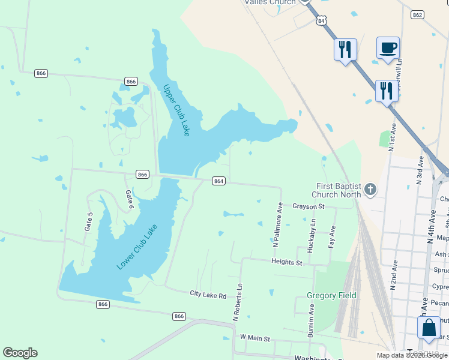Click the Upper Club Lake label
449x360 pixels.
pyautogui.click(x=176, y=110)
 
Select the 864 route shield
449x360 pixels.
pyautogui.click(x=218, y=181)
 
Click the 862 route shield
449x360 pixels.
pyautogui.click(x=418, y=14)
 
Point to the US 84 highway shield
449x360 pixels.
pyautogui.click(x=323, y=21)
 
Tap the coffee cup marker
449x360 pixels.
pyautogui.click(x=388, y=47)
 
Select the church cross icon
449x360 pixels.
pyautogui.click(x=370, y=190)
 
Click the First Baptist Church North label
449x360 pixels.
pyautogui.click(x=337, y=190)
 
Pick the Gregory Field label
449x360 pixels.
pyautogui.click(x=331, y=295)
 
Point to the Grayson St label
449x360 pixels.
pyautogui.click(x=308, y=206)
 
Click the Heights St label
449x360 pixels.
pyautogui.click(x=287, y=262)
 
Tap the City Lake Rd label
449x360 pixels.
pyautogui.click(x=208, y=295)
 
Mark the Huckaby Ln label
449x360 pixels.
pyautogui.click(x=312, y=234)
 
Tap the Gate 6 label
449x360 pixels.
pyautogui.click(x=128, y=200)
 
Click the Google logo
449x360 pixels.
pyautogui.click(x=20, y=352)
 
